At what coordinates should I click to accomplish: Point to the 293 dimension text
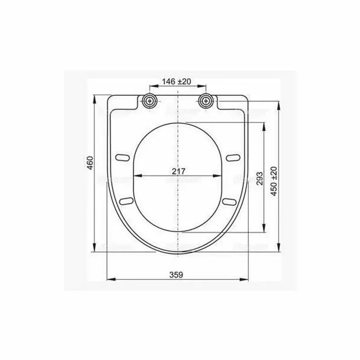tap(258, 176)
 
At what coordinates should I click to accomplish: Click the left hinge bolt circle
tap(150, 100)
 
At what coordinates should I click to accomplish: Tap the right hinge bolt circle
tap(207, 100)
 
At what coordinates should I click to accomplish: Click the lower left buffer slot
tap(127, 200)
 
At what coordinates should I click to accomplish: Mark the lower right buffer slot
tap(229, 200)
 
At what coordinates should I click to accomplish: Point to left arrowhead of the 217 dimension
tap(136, 176)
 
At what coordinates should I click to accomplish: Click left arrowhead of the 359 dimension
tap(110, 279)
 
